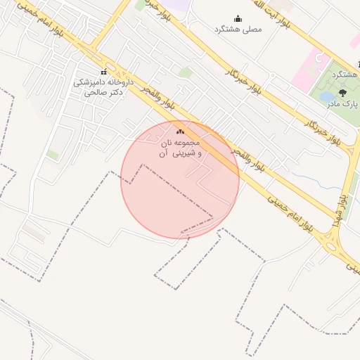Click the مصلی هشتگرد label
[x=237, y=30]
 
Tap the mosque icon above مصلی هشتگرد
[x=238, y=19]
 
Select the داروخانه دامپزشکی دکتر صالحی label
[x=103, y=86]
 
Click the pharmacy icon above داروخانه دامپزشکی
[x=104, y=72]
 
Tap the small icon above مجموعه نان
[x=179, y=131]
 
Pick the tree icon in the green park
[x=342, y=92]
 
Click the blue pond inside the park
[x=328, y=96]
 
